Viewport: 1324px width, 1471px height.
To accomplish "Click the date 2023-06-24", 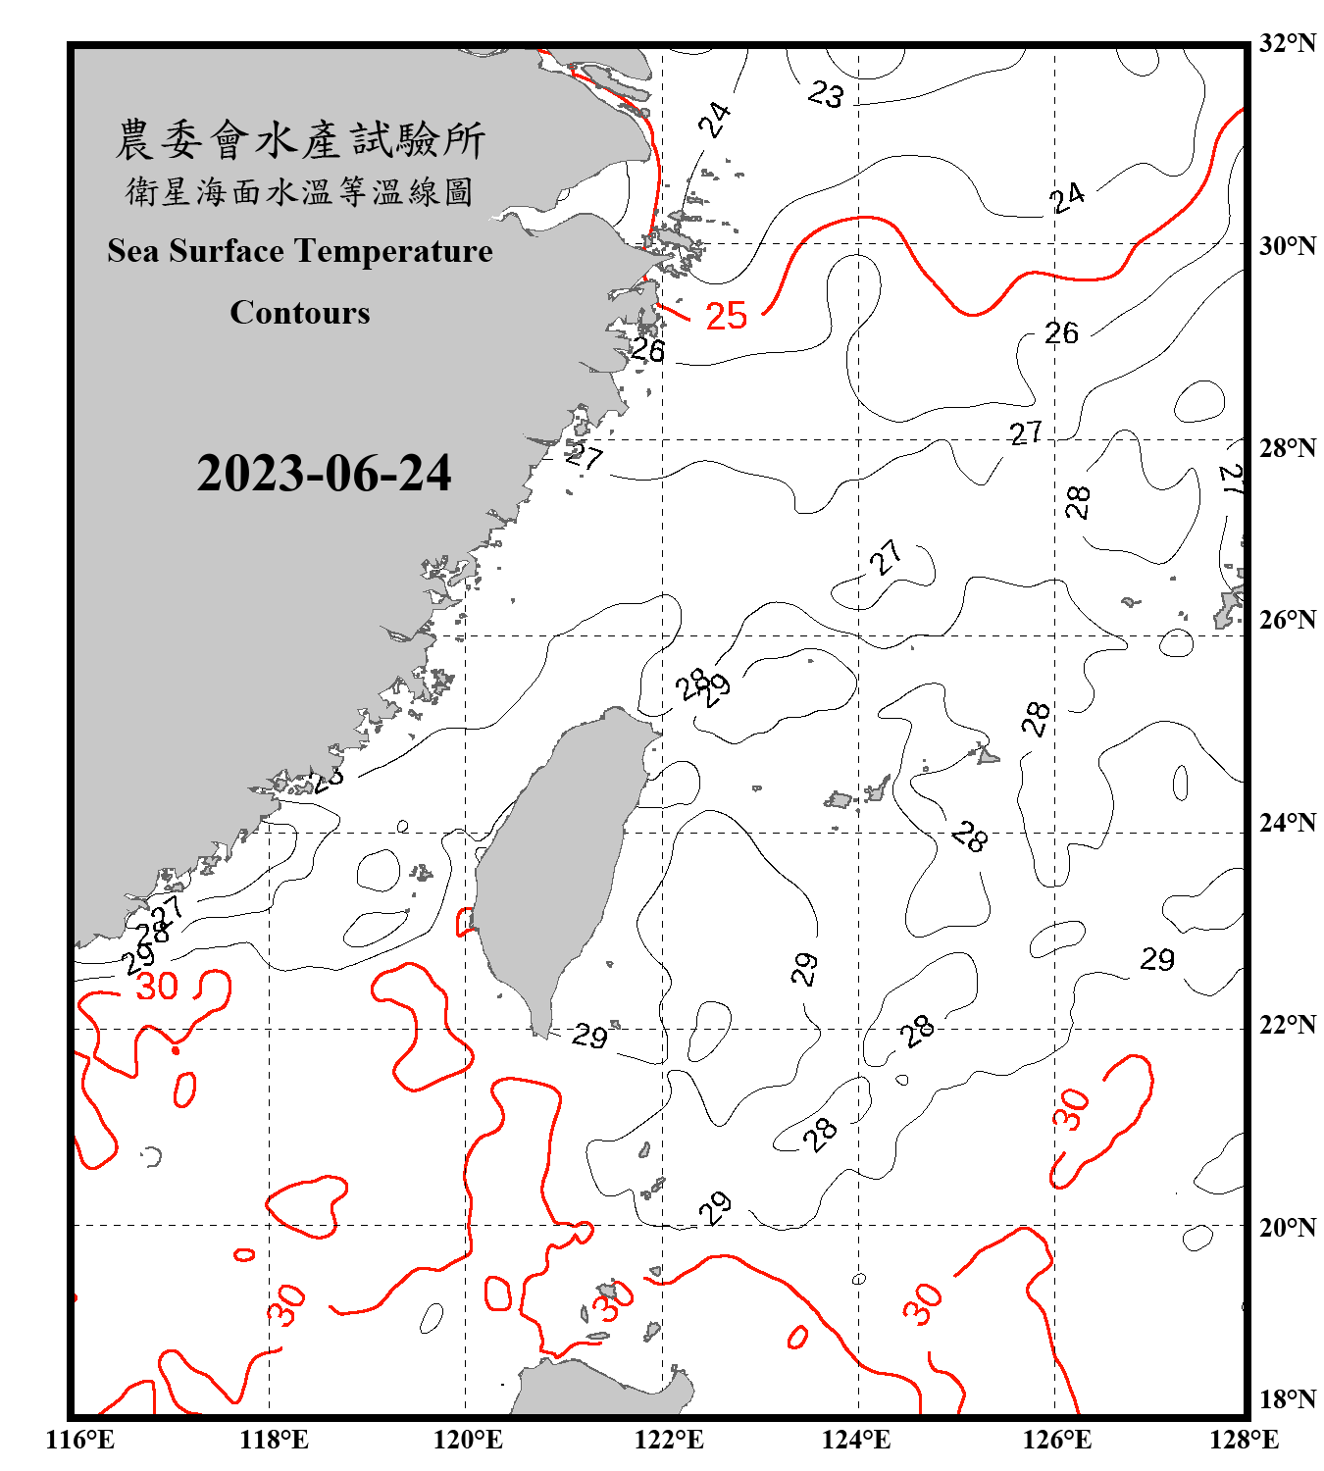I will tap(324, 474).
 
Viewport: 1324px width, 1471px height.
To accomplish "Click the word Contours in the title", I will tap(300, 313).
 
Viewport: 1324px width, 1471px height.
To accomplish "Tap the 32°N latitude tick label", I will tap(1287, 43).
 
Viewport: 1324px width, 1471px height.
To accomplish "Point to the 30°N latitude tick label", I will tap(1287, 245).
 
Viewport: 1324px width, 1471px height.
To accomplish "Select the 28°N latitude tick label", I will tap(1287, 448).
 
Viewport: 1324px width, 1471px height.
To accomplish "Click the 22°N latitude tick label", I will tap(1287, 1025).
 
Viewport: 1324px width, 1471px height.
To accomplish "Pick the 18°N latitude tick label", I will tap(1287, 1399).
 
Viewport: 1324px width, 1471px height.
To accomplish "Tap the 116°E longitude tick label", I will tap(80, 1440).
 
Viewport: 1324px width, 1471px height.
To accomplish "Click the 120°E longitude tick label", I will tap(468, 1440).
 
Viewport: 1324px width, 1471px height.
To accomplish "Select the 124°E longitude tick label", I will tap(856, 1440).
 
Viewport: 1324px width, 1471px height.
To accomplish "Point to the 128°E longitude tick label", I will tap(1244, 1440).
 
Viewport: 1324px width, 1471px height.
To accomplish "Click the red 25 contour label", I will tap(727, 316).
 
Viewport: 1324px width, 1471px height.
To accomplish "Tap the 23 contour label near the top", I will tap(826, 94).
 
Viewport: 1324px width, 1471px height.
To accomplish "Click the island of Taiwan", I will tap(559, 863).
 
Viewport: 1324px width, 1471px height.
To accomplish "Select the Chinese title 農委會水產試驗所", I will tap(300, 139).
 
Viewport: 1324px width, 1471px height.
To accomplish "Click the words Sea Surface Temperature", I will tap(300, 251).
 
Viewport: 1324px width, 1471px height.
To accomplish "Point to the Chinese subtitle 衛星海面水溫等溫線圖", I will tap(300, 191).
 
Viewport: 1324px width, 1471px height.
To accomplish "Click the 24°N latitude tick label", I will tap(1287, 822).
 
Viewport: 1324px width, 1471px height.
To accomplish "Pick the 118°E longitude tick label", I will tap(274, 1440).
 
